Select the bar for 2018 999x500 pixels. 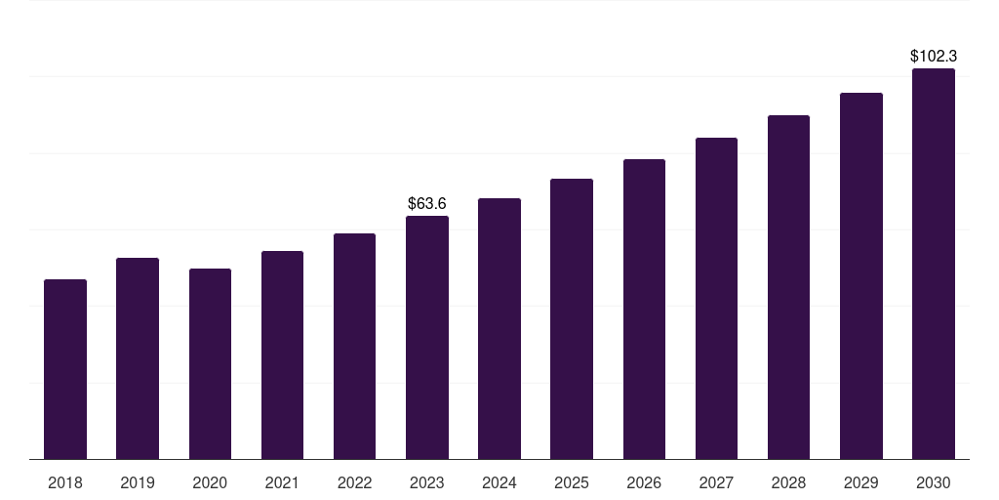pos(65,369)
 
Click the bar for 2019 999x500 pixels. pos(138,358)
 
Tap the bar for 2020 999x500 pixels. pos(211,364)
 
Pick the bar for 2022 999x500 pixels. pos(354,347)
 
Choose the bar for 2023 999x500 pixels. pos(427,337)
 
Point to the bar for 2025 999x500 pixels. pos(572,319)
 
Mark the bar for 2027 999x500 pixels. pos(716,299)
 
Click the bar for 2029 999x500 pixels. pos(860,276)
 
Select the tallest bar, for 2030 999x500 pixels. pos(934,264)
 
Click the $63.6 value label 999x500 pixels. pos(427,203)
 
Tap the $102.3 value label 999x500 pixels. pos(934,56)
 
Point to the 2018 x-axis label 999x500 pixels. pos(65,482)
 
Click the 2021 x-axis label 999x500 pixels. pos(282,482)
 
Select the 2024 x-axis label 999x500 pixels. pos(499,482)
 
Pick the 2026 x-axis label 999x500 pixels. pos(644,482)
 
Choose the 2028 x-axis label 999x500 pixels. pos(788,482)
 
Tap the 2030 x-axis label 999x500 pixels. pos(934,482)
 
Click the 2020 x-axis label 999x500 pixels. pos(210,482)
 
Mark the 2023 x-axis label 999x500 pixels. pos(427,482)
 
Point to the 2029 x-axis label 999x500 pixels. pos(860,482)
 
